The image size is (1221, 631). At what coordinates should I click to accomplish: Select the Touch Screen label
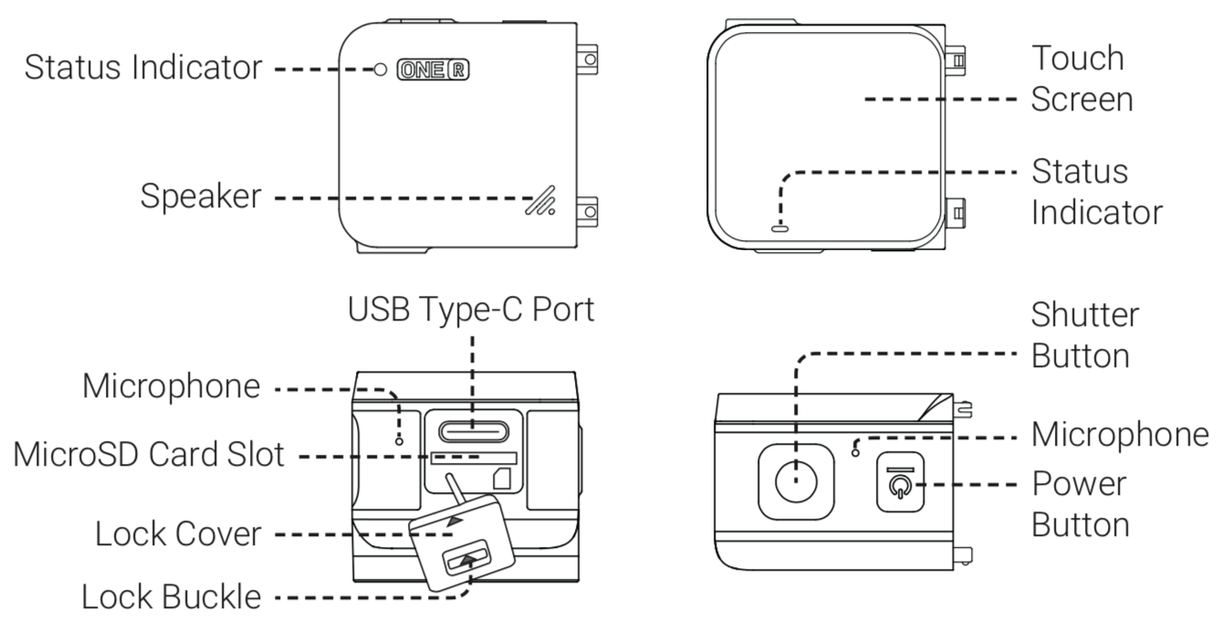point(1081,78)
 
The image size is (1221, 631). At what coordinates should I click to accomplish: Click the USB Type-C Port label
point(471,310)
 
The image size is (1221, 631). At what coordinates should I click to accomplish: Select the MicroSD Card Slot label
point(148,455)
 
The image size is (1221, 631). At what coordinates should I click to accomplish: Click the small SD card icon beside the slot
point(501,476)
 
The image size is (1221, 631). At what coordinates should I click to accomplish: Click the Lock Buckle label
point(171,597)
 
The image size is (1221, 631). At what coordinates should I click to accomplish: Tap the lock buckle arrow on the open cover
point(469,557)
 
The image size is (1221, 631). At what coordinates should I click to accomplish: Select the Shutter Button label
point(1085,335)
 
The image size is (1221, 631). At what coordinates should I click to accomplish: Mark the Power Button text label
point(1080,504)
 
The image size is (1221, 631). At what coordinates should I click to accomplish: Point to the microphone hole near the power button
point(855,448)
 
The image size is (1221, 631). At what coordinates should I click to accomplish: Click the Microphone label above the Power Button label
point(1120,436)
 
